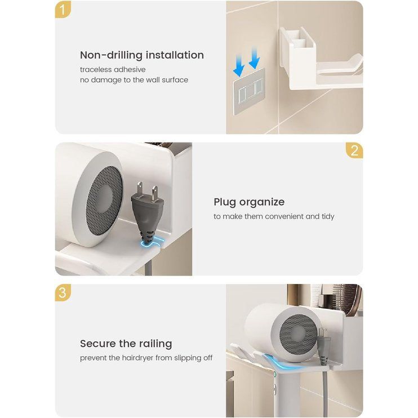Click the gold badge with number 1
click(63, 10)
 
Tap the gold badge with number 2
click(354, 150)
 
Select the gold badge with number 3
click(63, 292)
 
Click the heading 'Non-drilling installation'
click(142, 55)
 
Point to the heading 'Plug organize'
click(249, 202)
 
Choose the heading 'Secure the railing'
click(126, 344)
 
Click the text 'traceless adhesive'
click(113, 70)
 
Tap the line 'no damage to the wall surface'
click(134, 79)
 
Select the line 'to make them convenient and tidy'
click(274, 216)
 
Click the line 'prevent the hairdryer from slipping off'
click(146, 358)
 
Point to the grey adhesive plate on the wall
click(249, 91)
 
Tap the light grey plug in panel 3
click(323, 346)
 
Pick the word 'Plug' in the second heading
click(225, 202)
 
